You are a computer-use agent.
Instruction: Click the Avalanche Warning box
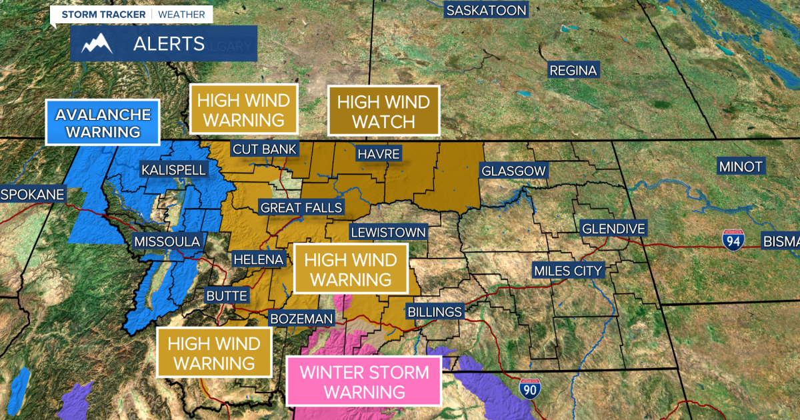coord(103,123)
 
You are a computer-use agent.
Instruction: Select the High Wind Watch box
coord(383,111)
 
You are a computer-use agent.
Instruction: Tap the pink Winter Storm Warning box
coord(364,381)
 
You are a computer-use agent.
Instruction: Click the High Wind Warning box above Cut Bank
coord(244,110)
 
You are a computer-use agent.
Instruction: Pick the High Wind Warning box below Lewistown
coord(351,269)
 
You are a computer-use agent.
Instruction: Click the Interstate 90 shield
coord(531,386)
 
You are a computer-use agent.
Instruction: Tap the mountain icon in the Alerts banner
coord(95,44)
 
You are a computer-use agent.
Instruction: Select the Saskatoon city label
coord(486,10)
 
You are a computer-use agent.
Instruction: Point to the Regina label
coord(573,70)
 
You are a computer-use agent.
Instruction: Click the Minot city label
coord(740,167)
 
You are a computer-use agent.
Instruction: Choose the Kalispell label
coord(173,170)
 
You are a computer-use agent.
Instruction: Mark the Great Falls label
coord(301,207)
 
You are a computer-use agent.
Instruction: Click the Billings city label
coord(434,312)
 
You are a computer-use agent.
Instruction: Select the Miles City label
coord(568,271)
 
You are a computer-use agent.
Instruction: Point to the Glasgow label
coord(513,171)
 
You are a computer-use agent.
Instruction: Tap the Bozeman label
coord(301,319)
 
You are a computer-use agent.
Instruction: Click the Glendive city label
coord(613,229)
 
